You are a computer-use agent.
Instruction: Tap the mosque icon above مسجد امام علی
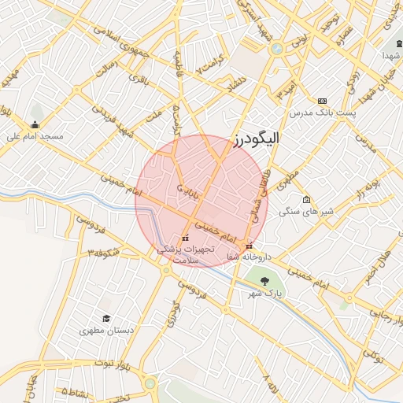coord(35,124)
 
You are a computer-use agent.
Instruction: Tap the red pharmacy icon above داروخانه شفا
coord(250,245)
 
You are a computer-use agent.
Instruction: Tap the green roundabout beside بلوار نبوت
coord(150,384)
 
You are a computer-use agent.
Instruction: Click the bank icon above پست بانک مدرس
coord(322,102)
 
